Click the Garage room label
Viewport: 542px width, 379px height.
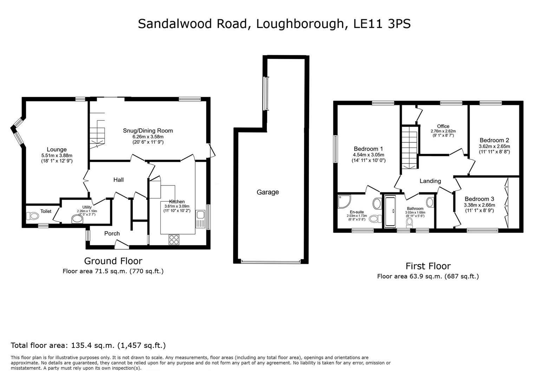[268, 192]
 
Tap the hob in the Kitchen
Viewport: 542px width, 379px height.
[174, 239]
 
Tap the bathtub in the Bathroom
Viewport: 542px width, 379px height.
[390, 211]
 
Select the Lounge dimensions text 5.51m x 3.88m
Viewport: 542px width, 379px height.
[57, 155]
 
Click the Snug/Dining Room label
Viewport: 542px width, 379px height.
[148, 131]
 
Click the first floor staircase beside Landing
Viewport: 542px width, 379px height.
[409, 147]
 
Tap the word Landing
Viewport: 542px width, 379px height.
[430, 181]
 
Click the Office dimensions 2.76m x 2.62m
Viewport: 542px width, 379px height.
[443, 131]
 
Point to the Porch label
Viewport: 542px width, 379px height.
[112, 233]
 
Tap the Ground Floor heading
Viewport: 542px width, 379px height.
[113, 261]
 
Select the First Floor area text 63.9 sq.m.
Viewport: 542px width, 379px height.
[428, 276]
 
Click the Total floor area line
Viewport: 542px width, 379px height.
[88, 345]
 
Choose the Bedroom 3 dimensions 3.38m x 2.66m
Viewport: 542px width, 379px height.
[479, 205]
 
